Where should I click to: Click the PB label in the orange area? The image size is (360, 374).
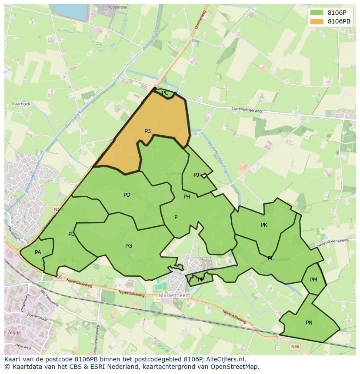tap(147, 131)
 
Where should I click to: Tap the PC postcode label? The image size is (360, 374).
tap(165, 93)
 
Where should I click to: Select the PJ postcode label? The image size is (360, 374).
tap(197, 175)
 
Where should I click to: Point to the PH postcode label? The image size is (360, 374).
tap(187, 197)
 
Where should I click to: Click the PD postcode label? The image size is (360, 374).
tap(127, 195)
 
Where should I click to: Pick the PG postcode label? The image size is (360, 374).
tap(129, 246)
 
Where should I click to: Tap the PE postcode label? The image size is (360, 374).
tap(71, 234)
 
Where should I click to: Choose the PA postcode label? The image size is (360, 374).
tap(38, 252)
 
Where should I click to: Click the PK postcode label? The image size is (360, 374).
tap(264, 225)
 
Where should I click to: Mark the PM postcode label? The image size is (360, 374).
tap(313, 280)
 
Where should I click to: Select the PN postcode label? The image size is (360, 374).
tap(309, 323)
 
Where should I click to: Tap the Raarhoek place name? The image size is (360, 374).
tap(21, 104)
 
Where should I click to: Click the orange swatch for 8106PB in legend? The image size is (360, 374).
tap(317, 21)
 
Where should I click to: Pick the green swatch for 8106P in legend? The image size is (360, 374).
tap(317, 12)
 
